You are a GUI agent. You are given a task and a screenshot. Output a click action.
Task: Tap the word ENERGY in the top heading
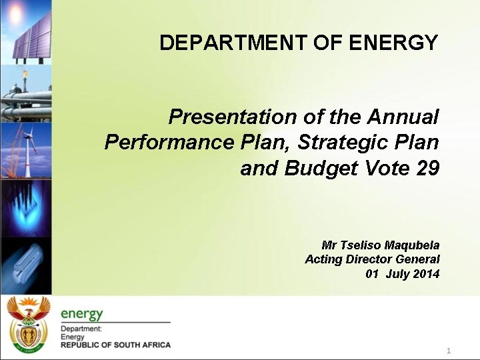click(x=393, y=43)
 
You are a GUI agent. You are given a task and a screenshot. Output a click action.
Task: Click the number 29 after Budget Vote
click(x=427, y=169)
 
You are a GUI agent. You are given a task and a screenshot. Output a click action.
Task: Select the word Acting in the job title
click(x=323, y=259)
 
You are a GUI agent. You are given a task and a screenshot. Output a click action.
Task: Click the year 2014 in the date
click(x=426, y=274)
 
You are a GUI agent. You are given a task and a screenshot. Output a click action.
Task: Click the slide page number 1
click(x=449, y=351)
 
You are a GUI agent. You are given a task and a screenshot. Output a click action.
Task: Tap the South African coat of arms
click(x=27, y=324)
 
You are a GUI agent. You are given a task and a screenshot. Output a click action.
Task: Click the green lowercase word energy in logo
click(x=81, y=314)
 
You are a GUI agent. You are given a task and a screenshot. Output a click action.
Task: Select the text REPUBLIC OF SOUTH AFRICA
click(x=115, y=345)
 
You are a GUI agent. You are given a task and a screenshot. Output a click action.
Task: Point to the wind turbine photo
click(x=25, y=150)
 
